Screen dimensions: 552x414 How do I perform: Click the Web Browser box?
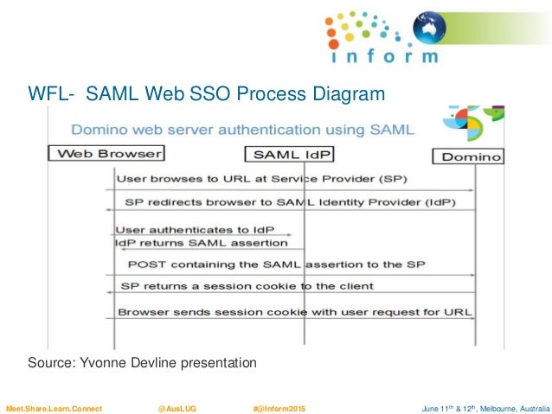tap(108, 154)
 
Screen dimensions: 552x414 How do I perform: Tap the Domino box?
tap(468, 156)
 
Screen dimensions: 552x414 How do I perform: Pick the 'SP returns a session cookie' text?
tap(246, 286)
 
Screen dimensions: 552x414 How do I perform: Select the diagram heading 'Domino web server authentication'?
tap(243, 130)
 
